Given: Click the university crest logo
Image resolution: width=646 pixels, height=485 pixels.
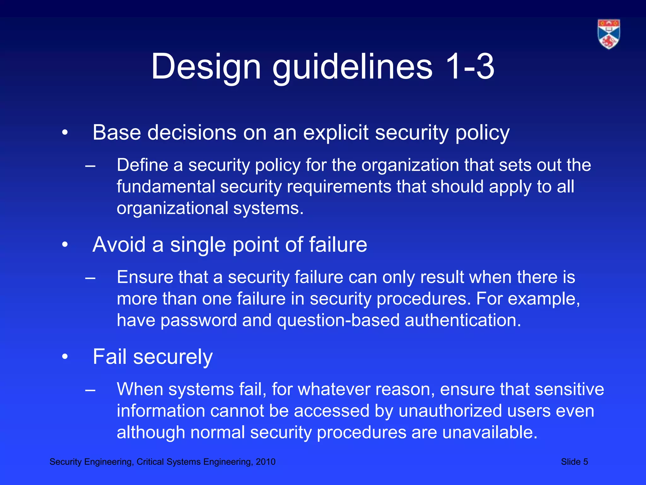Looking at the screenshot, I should click(609, 34).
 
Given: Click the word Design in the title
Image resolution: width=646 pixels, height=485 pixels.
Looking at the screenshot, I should click(206, 67).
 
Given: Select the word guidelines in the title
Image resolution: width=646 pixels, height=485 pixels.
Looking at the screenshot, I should click(352, 67).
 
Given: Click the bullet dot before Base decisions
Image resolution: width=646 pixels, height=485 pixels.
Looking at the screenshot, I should click(65, 133).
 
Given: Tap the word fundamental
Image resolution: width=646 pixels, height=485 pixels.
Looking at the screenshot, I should click(166, 187).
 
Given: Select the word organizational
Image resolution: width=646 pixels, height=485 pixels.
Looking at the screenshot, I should click(172, 208).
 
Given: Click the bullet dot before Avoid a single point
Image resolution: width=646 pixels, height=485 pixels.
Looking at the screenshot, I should click(65, 245).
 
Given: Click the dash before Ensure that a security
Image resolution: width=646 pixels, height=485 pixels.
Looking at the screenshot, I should click(90, 278).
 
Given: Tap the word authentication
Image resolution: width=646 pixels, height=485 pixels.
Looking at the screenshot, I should click(462, 320).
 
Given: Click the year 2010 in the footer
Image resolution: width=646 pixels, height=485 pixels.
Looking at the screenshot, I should click(266, 462).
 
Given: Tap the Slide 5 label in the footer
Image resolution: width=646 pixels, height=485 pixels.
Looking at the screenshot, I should click(574, 462).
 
